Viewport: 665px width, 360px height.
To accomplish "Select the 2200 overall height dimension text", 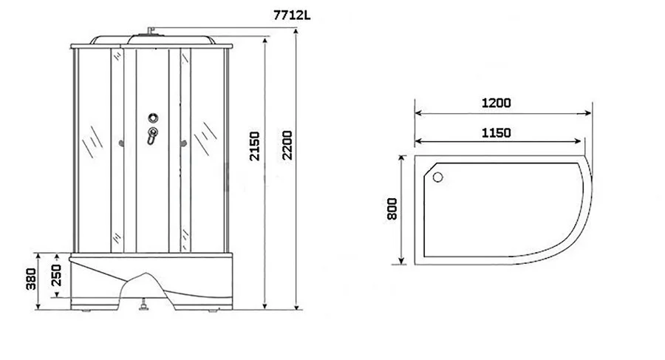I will pyautogui.click(x=287, y=147).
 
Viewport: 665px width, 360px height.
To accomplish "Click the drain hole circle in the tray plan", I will pyautogui.click(x=437, y=177).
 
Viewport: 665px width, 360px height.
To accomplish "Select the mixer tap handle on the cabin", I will pyautogui.click(x=152, y=136).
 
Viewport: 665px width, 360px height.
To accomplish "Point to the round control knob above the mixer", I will pyautogui.click(x=153, y=117).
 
